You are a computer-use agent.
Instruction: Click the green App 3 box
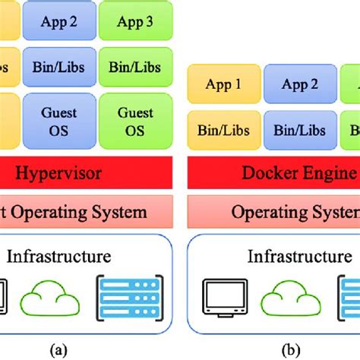click(135, 21)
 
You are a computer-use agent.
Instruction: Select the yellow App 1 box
click(222, 84)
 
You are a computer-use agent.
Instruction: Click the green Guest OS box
click(135, 121)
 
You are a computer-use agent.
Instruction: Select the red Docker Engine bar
click(273, 173)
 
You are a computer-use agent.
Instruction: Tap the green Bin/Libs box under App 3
click(135, 67)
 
